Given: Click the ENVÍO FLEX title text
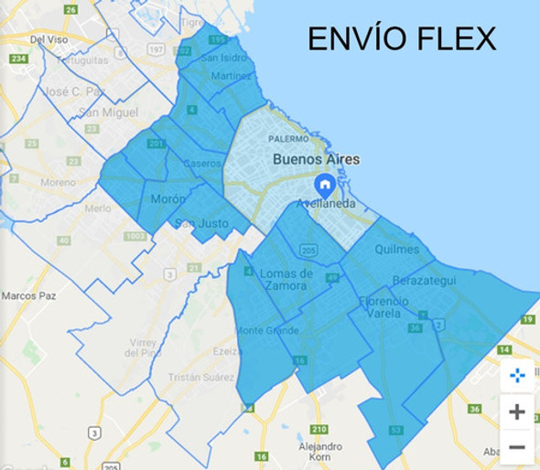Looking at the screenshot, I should click(401, 38).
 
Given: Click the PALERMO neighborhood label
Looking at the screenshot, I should click(290, 139).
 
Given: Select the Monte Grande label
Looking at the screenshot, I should click(263, 329).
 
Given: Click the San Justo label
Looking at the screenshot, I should click(200, 222).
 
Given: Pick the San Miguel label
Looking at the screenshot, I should click(107, 112).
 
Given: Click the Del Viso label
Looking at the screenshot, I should click(49, 39).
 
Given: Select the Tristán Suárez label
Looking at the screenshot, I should click(200, 378).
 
